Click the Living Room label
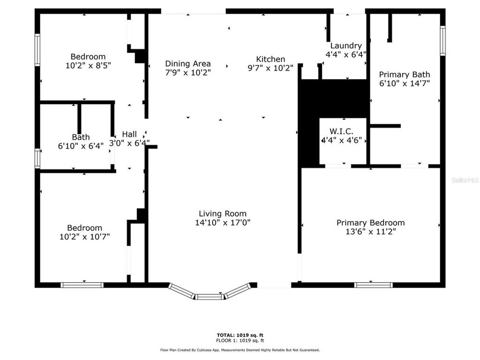coord(223,214)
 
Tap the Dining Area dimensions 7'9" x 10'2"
coord(188,72)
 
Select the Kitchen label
coord(270,59)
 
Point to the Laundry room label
coord(346,46)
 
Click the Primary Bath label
coord(404,74)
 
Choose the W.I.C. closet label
coord(341,132)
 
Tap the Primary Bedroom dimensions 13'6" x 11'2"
coord(371,231)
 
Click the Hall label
coord(130,134)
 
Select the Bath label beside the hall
coord(81,137)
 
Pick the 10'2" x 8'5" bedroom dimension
coord(88,65)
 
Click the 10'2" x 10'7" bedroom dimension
coord(84,237)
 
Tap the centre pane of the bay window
coord(210,297)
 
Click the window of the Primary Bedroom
coord(373,285)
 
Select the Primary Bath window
coord(443,41)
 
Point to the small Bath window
coord(37,158)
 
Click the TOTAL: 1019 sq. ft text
coord(240,335)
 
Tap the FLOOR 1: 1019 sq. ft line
coord(240,340)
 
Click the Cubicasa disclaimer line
coord(240,350)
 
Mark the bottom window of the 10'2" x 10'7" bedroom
coord(82,285)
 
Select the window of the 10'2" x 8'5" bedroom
coord(37,50)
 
